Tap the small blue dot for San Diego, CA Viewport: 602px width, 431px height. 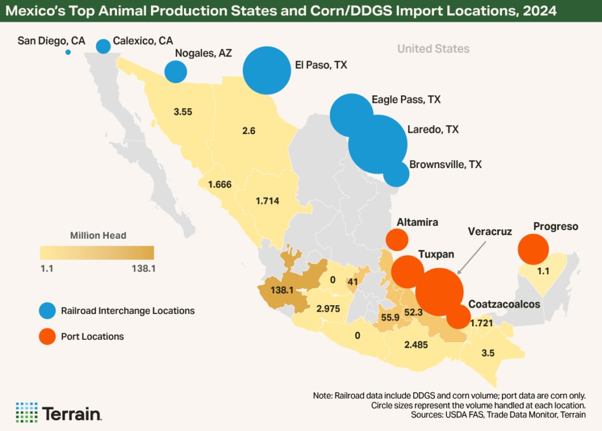click(x=68, y=52)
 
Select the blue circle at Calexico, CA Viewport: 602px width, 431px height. click(x=103, y=46)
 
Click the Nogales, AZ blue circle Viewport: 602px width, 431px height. click(x=175, y=72)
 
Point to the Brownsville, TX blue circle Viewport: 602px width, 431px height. click(x=396, y=174)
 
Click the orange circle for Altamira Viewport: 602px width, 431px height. click(x=397, y=239)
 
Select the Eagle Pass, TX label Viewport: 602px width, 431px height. click(x=406, y=100)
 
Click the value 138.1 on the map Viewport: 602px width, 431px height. click(x=281, y=290)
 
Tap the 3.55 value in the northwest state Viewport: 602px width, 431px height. click(x=183, y=111)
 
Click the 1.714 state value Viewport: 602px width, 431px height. click(x=267, y=201)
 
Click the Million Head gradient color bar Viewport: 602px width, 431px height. click(x=96, y=252)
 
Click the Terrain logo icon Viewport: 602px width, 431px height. click(x=26, y=412)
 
